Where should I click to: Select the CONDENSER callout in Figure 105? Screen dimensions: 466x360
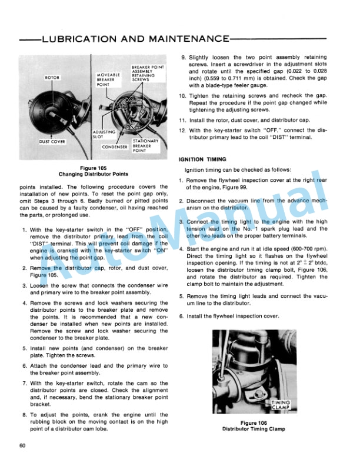(x=115, y=147)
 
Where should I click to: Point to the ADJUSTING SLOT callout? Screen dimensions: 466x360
(x=105, y=135)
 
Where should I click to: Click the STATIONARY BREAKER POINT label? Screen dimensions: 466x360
(x=145, y=145)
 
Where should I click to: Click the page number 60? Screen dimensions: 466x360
(x=22, y=445)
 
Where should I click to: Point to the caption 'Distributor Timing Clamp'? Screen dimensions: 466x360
(x=254, y=429)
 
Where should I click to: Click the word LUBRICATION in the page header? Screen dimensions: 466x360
(x=78, y=39)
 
